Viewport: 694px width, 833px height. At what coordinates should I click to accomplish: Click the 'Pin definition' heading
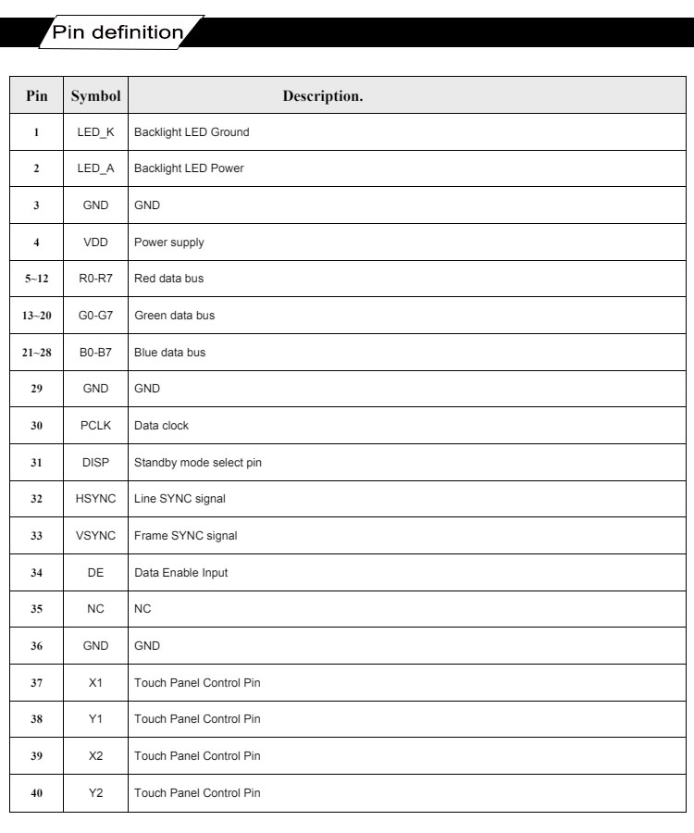click(x=118, y=32)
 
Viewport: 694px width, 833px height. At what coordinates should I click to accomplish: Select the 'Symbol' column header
click(x=95, y=95)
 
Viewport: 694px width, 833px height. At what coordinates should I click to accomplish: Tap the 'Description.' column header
click(x=322, y=95)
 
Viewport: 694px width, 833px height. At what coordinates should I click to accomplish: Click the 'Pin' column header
click(x=36, y=95)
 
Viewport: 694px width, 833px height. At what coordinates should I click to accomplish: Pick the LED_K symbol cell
click(x=95, y=132)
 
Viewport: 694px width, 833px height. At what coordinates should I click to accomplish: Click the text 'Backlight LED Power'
click(x=189, y=168)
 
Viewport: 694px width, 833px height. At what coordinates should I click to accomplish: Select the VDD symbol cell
click(x=95, y=242)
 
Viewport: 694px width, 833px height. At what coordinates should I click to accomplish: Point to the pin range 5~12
click(x=36, y=279)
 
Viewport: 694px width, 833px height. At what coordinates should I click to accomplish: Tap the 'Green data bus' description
click(x=174, y=316)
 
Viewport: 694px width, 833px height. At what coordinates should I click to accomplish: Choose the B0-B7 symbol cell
click(x=95, y=353)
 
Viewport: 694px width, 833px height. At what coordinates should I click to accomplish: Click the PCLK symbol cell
click(x=95, y=426)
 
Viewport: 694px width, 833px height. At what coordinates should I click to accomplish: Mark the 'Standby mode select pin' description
click(x=197, y=463)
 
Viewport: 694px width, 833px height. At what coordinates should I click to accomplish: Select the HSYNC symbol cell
click(x=95, y=499)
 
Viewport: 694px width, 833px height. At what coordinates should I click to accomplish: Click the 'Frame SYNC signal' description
click(x=185, y=536)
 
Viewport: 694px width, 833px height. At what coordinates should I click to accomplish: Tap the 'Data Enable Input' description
click(x=180, y=573)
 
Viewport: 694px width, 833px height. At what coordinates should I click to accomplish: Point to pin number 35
click(x=36, y=609)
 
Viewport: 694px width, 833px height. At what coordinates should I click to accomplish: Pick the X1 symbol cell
click(x=95, y=682)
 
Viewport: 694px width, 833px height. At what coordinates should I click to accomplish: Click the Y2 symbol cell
click(x=95, y=792)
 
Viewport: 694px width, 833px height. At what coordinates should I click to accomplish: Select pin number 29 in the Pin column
click(x=36, y=389)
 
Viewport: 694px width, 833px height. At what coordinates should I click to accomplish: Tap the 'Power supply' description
click(x=168, y=242)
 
